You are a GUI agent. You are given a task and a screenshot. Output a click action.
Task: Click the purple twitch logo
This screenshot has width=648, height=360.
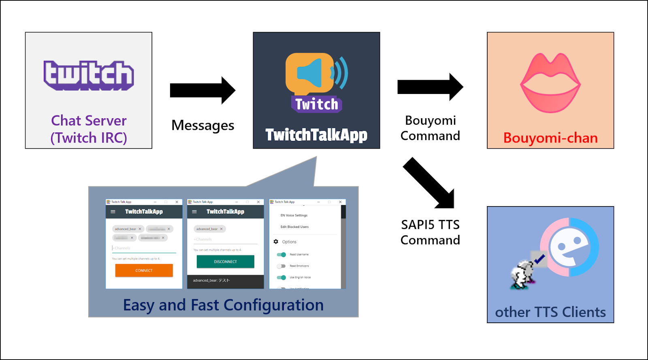89,75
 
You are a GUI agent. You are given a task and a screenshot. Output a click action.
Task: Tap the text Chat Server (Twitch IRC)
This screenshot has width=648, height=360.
89,129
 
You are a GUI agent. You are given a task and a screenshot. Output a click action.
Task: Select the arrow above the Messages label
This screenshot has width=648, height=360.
202,90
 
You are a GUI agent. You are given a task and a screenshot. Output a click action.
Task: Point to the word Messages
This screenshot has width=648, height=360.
202,126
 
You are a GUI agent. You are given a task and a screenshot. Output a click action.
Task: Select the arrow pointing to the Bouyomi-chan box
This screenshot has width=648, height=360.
430,87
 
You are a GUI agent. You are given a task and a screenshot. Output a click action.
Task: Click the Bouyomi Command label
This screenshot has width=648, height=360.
430,128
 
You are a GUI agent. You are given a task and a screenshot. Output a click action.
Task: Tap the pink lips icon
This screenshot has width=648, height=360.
550,83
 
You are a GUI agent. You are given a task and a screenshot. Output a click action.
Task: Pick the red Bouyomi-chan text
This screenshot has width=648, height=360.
550,138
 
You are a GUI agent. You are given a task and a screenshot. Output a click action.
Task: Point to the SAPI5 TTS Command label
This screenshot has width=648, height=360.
430,232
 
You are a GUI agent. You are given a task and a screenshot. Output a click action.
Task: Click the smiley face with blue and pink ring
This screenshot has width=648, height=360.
569,247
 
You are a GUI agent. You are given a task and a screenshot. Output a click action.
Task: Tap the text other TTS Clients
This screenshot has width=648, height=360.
550,312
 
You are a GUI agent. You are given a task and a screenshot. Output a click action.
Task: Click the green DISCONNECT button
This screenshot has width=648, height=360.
225,262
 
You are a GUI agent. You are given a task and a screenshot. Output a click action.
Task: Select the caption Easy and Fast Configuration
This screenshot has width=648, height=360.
223,305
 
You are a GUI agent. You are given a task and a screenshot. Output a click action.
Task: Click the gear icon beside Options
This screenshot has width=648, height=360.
276,242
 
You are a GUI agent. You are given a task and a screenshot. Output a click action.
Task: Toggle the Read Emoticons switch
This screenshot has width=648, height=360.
281,266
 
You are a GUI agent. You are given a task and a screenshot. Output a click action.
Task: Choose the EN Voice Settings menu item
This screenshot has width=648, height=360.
294,215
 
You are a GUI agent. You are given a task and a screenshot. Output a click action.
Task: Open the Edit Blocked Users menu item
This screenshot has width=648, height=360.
294,227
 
